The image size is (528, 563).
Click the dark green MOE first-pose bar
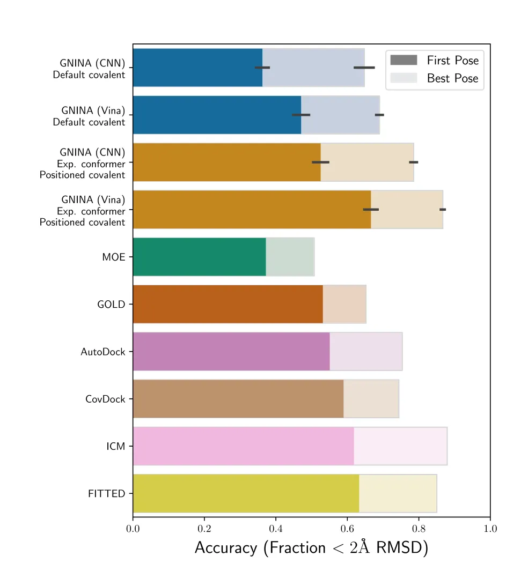200,257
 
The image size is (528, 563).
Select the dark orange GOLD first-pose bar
228,304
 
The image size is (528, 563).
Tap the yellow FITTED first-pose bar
246,493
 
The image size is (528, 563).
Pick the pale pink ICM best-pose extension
400,446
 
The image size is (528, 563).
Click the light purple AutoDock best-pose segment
366,352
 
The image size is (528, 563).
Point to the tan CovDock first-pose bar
238,398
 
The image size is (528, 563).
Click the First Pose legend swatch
404,60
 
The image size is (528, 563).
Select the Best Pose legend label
452,78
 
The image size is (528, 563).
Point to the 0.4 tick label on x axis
276,529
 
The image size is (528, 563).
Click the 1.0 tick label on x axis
490,529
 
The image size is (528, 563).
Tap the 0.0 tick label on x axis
133,529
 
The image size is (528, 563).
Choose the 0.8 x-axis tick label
419,529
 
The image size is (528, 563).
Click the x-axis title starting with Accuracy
311,547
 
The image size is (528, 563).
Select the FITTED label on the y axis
106,494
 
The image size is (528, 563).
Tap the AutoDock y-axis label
103,352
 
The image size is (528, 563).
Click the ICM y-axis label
115,446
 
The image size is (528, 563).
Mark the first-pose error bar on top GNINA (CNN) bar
262,68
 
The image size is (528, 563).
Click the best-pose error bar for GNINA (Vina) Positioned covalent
443,209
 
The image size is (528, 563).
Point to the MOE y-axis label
114,257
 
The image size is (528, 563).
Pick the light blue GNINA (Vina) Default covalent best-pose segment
340,115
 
